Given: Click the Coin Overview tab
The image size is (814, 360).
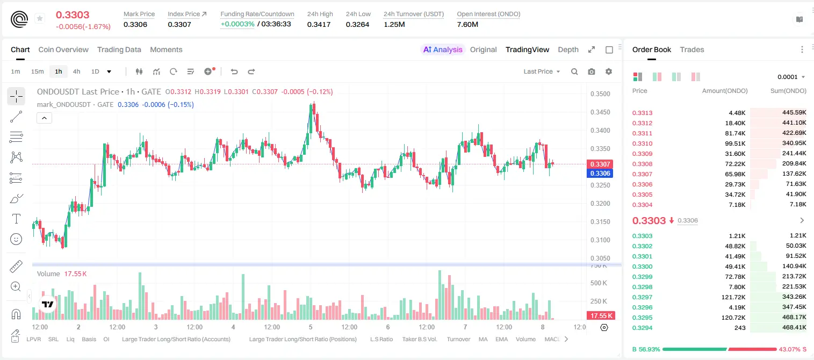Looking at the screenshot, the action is click(63, 49).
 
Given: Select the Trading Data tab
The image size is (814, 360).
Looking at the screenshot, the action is click(119, 49).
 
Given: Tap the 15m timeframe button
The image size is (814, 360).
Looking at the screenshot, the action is click(38, 71).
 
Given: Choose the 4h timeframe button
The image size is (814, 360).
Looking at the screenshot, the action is click(76, 71).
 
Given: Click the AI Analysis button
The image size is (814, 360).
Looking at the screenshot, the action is click(443, 49).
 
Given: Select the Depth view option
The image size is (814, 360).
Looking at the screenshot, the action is click(568, 49).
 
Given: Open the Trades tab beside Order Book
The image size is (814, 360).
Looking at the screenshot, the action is click(692, 49).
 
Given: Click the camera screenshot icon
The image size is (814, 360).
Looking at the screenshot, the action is click(592, 71).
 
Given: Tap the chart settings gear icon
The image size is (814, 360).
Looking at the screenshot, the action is click(609, 71).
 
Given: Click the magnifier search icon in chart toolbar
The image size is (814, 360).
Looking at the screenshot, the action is click(574, 71).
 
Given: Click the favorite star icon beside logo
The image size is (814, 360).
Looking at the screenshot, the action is click(40, 18).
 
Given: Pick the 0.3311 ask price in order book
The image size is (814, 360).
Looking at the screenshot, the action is click(642, 133).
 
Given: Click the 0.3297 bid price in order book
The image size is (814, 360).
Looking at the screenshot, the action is click(642, 297).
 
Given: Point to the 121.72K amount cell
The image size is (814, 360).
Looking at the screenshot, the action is click(733, 297).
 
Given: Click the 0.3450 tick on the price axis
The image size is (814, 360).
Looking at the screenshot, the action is click(600, 112).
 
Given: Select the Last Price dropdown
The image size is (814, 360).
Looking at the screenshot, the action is click(542, 71).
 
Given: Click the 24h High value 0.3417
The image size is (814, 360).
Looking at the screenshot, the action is click(319, 24).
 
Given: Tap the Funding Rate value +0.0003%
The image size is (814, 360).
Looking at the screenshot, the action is click(237, 24).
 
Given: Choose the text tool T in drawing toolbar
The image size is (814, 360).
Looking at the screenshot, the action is click(16, 219).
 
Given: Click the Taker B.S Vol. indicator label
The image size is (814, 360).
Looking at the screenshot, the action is click(419, 339).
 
